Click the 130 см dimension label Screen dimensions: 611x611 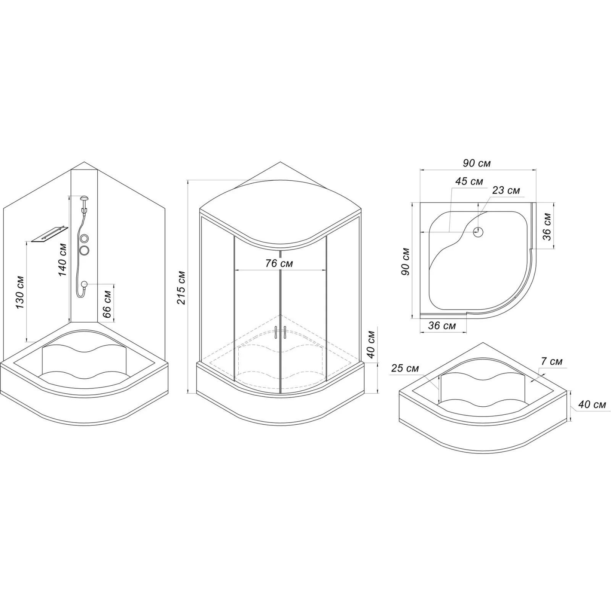click(x=19, y=293)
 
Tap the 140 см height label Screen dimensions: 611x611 click(x=62, y=260)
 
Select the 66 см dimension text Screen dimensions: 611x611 click(x=107, y=304)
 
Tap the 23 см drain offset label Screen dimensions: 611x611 click(x=506, y=190)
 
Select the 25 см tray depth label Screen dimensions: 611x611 click(x=405, y=369)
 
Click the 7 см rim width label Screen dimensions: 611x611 click(x=552, y=361)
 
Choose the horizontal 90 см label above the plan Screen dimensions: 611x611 click(x=477, y=163)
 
